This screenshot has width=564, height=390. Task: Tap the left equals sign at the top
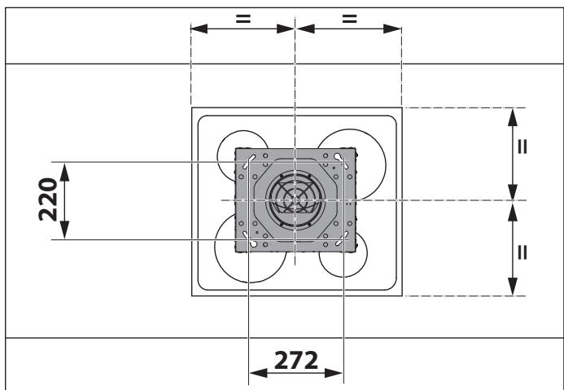pyautogui.click(x=243, y=18)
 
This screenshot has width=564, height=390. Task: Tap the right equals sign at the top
pyautogui.click(x=349, y=18)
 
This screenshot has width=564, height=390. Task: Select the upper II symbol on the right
pyautogui.click(x=522, y=147)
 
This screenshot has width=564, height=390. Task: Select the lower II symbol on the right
pyautogui.click(x=522, y=252)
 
